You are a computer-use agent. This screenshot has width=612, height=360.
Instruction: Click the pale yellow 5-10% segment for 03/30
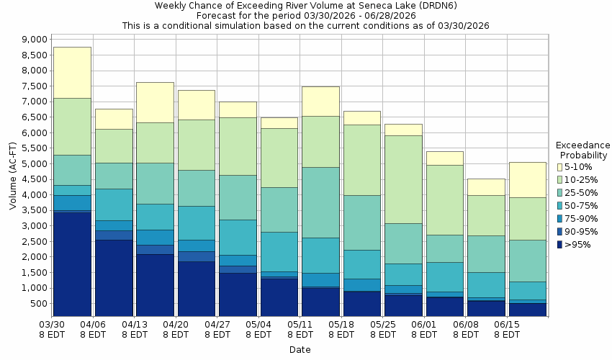point(72,72)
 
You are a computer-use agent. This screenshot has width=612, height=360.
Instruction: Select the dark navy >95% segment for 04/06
point(114,278)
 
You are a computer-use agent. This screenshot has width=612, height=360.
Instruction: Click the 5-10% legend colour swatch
point(560,167)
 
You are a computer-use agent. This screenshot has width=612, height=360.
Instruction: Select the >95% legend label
point(578,245)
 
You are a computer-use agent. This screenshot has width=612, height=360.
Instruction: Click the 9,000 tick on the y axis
point(34,40)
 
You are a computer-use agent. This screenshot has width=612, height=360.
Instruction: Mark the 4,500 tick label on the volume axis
point(34,179)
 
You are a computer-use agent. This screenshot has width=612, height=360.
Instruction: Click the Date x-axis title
point(300,350)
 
